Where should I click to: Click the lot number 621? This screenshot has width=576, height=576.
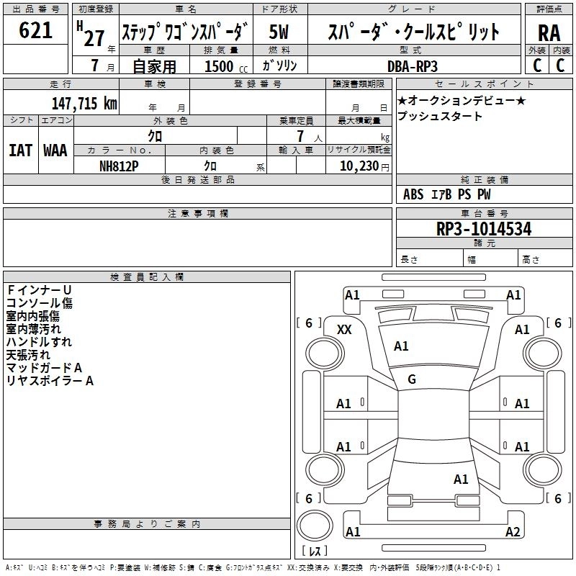[36, 30]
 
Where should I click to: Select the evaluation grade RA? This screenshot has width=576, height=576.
[549, 34]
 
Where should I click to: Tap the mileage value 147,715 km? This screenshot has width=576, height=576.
[84, 103]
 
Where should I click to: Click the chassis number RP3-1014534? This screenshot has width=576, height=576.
[484, 230]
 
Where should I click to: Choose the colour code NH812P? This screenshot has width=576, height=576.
[119, 165]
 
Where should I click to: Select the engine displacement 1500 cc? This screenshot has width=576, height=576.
[221, 66]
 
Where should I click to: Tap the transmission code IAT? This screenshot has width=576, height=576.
[20, 150]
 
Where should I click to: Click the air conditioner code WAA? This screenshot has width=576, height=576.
[55, 150]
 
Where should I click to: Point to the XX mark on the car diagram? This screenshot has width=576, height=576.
[344, 329]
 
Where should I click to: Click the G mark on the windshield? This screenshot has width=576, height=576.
[412, 379]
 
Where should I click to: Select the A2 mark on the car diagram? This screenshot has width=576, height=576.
[513, 532]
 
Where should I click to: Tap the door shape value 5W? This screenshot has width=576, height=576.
[279, 32]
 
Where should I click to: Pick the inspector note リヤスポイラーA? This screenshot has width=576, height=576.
[50, 381]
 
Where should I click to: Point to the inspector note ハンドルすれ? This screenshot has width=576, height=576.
[39, 342]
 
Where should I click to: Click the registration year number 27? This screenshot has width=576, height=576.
[94, 37]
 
